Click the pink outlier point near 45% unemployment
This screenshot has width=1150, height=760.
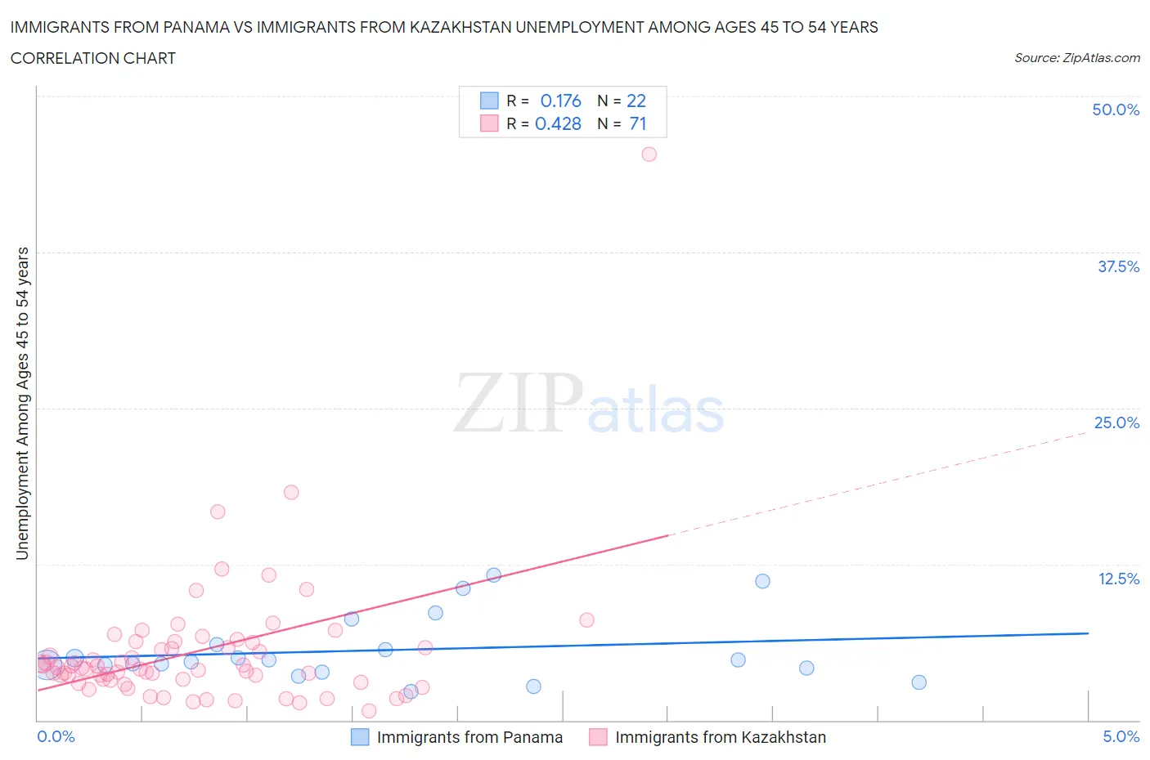649,154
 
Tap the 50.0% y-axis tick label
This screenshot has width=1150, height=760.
1116,110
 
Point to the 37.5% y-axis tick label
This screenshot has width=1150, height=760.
1118,266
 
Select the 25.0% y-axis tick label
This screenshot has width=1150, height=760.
1116,422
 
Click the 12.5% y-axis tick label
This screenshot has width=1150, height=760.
1118,579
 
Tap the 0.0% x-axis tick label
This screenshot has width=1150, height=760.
56,736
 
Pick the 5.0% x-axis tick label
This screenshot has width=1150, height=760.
1121,736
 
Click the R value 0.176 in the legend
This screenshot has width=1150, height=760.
560,101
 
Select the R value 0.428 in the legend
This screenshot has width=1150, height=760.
558,123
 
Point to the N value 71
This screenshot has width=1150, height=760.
637,123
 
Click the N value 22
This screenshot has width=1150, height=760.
636,101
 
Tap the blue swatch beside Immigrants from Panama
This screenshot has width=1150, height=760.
360,737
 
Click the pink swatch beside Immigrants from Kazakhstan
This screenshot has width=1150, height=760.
598,737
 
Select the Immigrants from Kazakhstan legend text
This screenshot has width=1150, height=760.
720,737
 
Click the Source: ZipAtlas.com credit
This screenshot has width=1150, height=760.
1076,57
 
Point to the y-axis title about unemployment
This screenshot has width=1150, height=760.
22,403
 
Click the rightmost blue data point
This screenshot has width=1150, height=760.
919,682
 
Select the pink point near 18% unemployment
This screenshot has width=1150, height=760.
291,492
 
